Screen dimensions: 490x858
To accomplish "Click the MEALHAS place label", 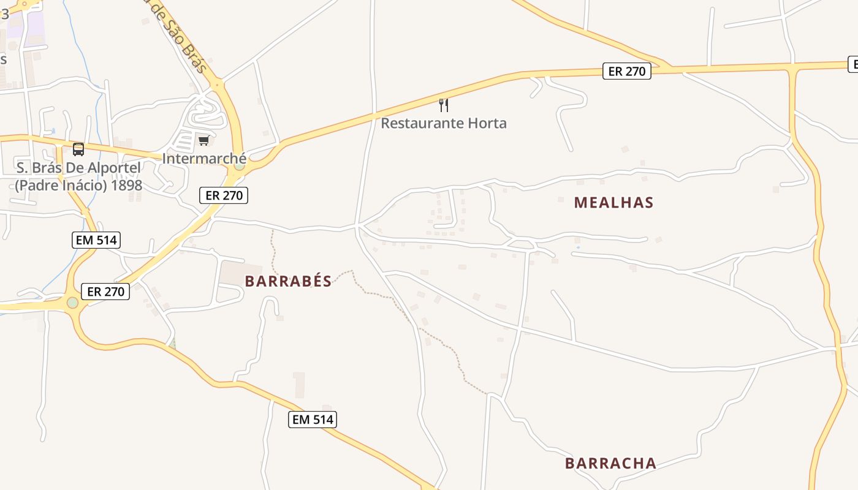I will (x=613, y=203).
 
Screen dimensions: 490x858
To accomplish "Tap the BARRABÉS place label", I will (x=288, y=281).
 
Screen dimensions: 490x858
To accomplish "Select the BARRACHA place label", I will (x=610, y=463).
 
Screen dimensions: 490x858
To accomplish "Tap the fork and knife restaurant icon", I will (x=444, y=105).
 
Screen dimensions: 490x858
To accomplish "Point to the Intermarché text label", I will (x=204, y=159).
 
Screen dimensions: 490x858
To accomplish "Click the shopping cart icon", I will (x=203, y=141).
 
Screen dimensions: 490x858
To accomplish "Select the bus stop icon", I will (x=78, y=149).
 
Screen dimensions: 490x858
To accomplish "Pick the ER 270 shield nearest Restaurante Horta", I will (x=626, y=71).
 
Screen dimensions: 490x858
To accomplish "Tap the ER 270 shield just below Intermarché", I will (x=224, y=195).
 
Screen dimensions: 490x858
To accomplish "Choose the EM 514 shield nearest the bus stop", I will (x=96, y=240).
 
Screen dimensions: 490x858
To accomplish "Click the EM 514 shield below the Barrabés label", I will (x=313, y=420).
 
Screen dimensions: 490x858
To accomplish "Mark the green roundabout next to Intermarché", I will (x=240, y=165).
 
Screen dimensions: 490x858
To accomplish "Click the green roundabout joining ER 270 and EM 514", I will (x=73, y=303).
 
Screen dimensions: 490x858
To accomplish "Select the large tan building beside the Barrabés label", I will (x=240, y=274).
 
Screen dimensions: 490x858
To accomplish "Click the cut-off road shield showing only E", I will (x=852, y=64).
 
